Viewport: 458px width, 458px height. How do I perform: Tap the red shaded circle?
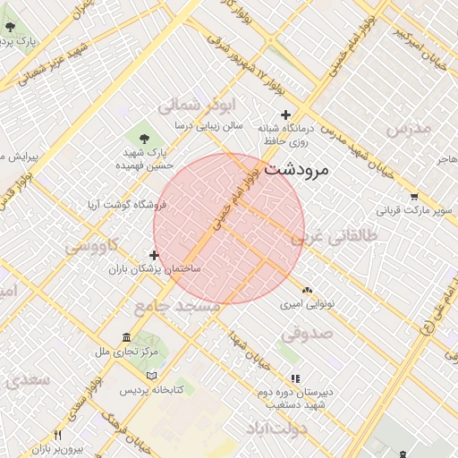[229, 228]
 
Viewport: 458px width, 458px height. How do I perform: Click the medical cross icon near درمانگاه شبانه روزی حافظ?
[285, 114]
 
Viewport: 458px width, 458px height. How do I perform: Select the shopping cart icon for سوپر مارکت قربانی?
[413, 197]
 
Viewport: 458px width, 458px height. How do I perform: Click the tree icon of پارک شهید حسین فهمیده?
[144, 137]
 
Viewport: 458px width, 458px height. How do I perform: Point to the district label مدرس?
[408, 128]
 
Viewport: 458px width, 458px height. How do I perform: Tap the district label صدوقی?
[307, 333]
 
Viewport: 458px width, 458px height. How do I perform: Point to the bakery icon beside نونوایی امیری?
[307, 290]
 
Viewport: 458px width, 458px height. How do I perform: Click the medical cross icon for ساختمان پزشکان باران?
[154, 255]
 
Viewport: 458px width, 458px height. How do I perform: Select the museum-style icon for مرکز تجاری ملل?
[125, 337]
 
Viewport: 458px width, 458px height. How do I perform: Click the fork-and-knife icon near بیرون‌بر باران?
[58, 435]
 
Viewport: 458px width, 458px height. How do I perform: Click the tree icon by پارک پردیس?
[9, 27]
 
